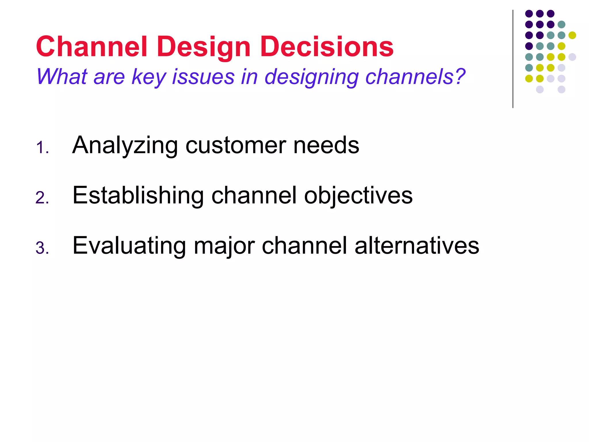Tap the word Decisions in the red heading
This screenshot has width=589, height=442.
tap(327, 47)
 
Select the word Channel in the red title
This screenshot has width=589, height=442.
tap(92, 47)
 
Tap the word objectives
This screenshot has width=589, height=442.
tap(358, 195)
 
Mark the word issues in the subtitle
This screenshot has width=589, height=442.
tap(203, 77)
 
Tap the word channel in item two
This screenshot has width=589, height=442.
tap(254, 195)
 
